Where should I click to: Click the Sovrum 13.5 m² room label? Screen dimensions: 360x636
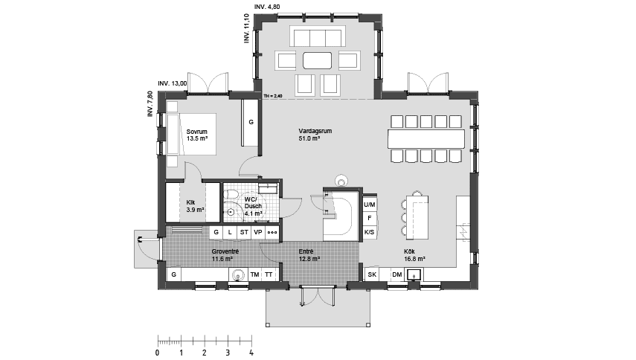[197, 135]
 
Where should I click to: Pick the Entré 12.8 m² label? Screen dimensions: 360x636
[309, 256]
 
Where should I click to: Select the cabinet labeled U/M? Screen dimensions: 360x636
[369, 204]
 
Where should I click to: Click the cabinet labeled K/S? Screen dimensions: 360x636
[369, 232]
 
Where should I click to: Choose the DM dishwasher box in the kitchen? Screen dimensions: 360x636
[396, 274]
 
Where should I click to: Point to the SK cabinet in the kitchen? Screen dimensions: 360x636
[372, 274]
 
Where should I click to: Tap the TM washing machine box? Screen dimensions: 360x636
[255, 274]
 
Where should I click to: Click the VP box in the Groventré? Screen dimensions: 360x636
[257, 232]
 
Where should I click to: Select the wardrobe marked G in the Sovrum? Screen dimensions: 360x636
[251, 121]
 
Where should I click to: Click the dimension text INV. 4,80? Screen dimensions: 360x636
[269, 6]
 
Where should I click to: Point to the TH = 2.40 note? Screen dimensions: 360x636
[274, 96]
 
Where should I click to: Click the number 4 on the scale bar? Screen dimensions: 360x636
[251, 352]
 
